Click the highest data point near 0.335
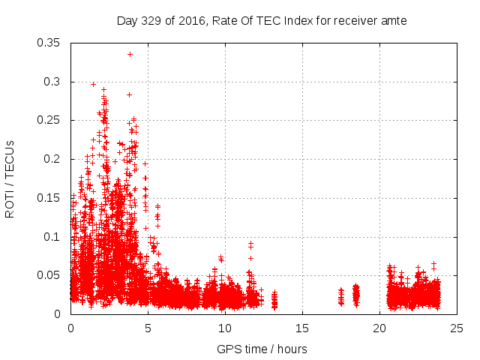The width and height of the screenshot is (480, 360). pyautogui.click(x=130, y=54)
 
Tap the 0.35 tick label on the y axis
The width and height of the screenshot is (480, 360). pyautogui.click(x=50, y=43)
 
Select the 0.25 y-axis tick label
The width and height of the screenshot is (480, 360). pyautogui.click(x=50, y=120)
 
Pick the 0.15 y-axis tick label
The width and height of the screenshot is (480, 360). pyautogui.click(x=50, y=198)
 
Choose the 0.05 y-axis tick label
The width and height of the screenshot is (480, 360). pyautogui.click(x=50, y=275)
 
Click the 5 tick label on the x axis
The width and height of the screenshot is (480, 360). pyautogui.click(x=148, y=328)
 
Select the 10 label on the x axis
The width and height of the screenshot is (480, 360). pyautogui.click(x=225, y=328)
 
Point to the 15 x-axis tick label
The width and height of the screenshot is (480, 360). pyautogui.click(x=302, y=328)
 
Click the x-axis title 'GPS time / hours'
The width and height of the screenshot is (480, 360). pyautogui.click(x=262, y=349)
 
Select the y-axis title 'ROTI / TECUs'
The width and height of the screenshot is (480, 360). pyautogui.click(x=10, y=178)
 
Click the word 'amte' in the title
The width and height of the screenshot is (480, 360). pyautogui.click(x=392, y=21)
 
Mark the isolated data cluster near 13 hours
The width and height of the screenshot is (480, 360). pyautogui.click(x=274, y=300)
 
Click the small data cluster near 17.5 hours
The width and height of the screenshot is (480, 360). pyautogui.click(x=341, y=296)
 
